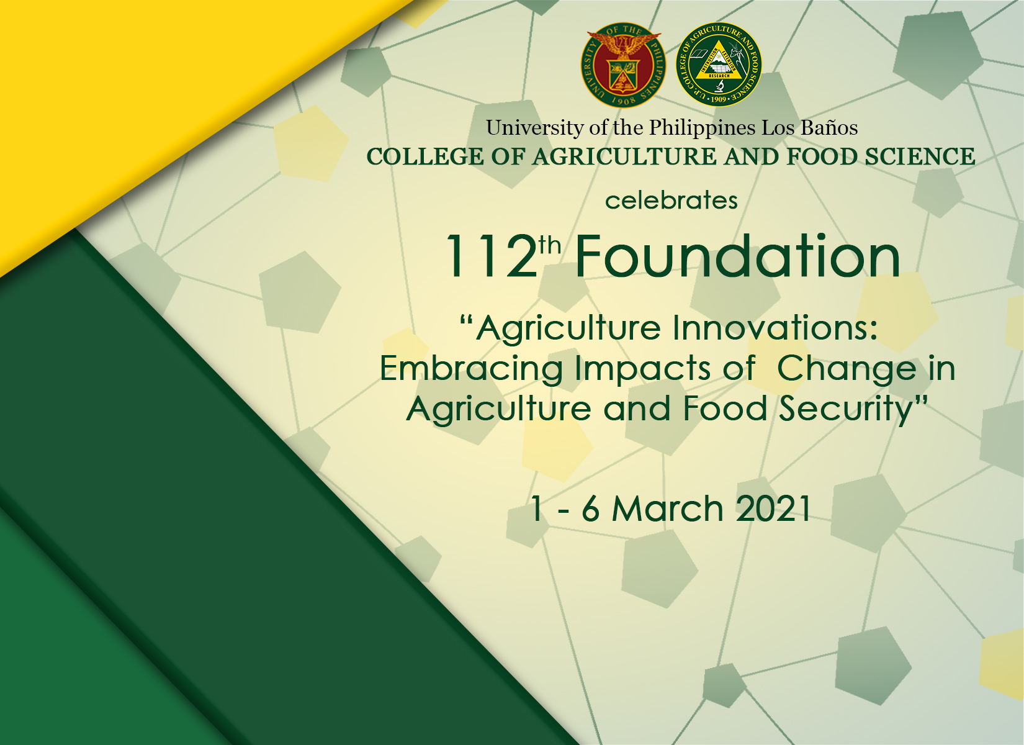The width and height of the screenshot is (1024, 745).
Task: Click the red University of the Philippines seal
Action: coord(623,65)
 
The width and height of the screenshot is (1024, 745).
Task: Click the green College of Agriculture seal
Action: coord(719,65)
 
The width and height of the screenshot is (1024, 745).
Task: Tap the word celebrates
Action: coord(671,201)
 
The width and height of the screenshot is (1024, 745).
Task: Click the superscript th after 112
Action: coord(550,246)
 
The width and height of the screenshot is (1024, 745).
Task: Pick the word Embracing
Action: coord(471,370)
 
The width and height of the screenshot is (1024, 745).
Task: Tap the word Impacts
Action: coord(642,369)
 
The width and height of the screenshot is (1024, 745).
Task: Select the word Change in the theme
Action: coord(847,370)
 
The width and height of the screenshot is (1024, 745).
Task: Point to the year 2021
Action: coord(773,508)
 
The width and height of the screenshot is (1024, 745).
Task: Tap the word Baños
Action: coord(829,128)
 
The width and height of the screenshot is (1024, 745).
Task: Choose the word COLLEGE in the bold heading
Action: coord(425,156)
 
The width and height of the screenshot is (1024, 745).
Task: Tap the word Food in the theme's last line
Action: coord(725,408)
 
